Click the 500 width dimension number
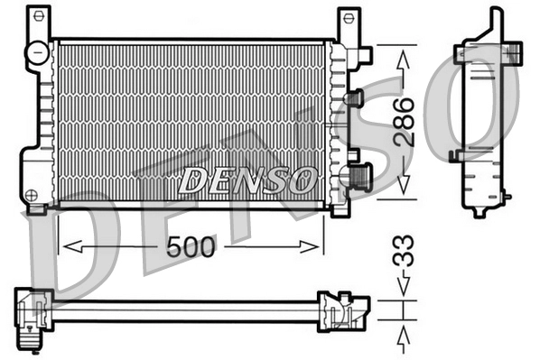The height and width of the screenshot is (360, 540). (x=191, y=246)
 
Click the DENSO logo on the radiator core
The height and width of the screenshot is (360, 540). (x=246, y=180)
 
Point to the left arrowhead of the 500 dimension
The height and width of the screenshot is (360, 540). (x=65, y=246)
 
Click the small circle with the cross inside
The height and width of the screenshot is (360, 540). (x=33, y=194)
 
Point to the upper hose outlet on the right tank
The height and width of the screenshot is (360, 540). (x=354, y=97)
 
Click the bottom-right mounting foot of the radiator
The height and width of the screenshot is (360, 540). (x=340, y=209)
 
